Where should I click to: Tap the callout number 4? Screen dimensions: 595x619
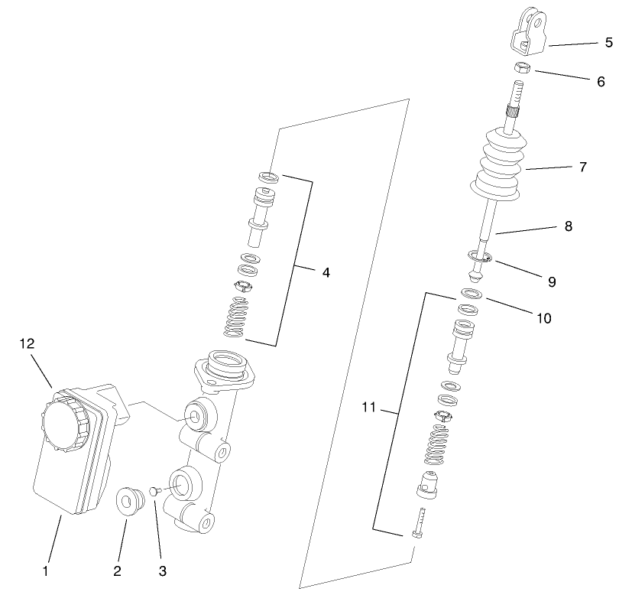point(326,271)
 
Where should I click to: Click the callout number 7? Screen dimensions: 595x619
point(582,166)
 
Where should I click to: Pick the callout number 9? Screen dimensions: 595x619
point(552,281)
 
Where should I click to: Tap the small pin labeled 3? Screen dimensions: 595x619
point(153,490)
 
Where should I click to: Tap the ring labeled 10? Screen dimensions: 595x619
point(472,294)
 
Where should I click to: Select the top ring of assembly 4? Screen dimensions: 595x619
point(268,176)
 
